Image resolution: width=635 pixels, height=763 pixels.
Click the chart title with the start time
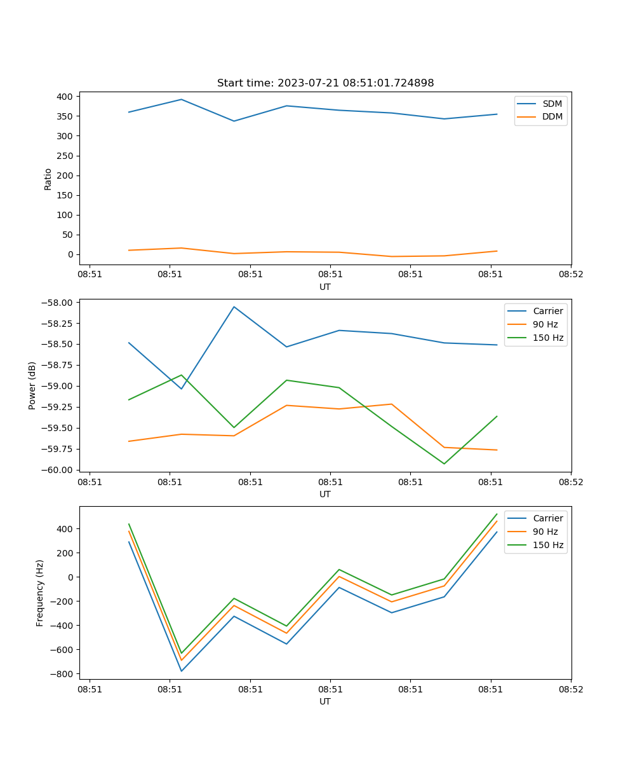(x=325, y=83)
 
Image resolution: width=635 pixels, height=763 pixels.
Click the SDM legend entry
(x=552, y=104)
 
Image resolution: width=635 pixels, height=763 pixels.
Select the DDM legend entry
(x=552, y=116)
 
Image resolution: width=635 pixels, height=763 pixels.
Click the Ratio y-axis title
(x=48, y=179)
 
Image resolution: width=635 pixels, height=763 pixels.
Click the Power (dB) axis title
(x=32, y=386)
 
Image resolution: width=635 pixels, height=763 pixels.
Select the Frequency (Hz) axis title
(x=40, y=593)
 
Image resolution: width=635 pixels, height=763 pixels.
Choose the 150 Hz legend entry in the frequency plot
(x=548, y=545)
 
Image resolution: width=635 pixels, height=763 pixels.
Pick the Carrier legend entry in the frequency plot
(x=547, y=518)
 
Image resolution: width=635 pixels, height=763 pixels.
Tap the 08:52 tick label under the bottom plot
(x=570, y=689)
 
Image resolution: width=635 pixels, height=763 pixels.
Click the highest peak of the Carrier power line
(x=234, y=307)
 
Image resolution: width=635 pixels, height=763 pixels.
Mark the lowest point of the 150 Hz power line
(x=444, y=464)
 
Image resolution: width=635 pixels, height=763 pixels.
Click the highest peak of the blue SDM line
(x=182, y=99)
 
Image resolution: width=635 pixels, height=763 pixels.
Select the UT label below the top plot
(x=325, y=287)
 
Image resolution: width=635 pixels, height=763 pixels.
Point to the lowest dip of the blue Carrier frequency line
(x=182, y=671)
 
